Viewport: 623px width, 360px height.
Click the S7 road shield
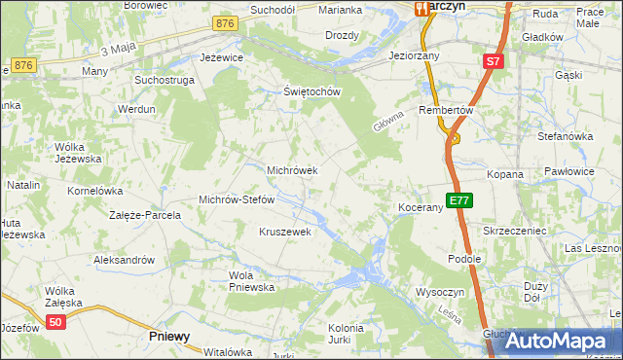coord(494,61)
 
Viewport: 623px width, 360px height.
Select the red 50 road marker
coord(56,322)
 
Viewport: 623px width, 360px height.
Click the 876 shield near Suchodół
coord(226,23)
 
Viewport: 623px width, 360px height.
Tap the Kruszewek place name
coord(284,232)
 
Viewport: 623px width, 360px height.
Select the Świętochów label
coord(311,92)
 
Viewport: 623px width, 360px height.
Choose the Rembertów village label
coord(446,110)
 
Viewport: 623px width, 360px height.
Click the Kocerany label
coord(421,208)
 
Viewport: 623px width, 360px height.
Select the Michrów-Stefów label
coord(238,199)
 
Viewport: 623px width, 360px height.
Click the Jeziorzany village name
coord(414,56)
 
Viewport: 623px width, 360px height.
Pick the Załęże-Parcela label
coord(145,215)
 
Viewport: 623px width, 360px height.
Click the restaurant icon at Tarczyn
coord(422,9)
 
